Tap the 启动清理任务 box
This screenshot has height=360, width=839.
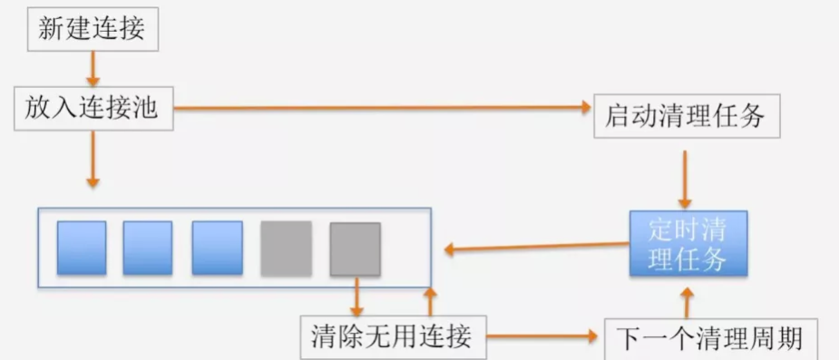pyautogui.click(x=687, y=116)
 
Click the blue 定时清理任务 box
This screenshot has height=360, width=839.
pyautogui.click(x=688, y=244)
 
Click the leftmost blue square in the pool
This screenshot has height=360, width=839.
pyautogui.click(x=82, y=248)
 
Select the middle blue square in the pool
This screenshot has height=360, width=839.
pyautogui.click(x=148, y=248)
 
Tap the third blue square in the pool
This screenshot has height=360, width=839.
pyautogui.click(x=217, y=248)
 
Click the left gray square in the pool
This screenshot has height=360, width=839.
pyautogui.click(x=286, y=248)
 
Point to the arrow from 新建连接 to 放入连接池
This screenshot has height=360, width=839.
pyautogui.click(x=93, y=67)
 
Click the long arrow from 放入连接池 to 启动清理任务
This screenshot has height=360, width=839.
pyautogui.click(x=381, y=108)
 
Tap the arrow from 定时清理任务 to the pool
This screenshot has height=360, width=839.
pyautogui.click(x=535, y=245)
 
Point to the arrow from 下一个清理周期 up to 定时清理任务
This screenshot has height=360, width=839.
pyautogui.click(x=687, y=303)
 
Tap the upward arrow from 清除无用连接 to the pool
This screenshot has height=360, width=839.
pyautogui.click(x=430, y=301)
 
